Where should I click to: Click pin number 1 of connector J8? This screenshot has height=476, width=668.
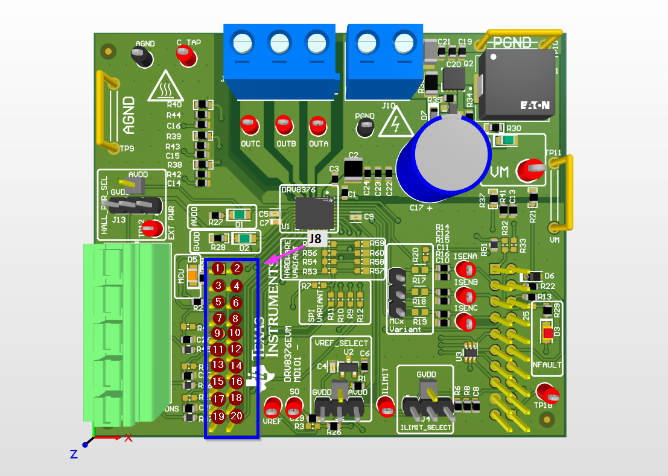(219, 268)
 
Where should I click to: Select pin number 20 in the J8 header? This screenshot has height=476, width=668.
(237, 415)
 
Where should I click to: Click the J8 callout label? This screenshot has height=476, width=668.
(314, 238)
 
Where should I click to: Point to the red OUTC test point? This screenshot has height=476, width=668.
(248, 125)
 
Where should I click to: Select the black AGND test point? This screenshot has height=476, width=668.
(142, 57)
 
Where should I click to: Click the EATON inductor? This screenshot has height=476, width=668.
(517, 84)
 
